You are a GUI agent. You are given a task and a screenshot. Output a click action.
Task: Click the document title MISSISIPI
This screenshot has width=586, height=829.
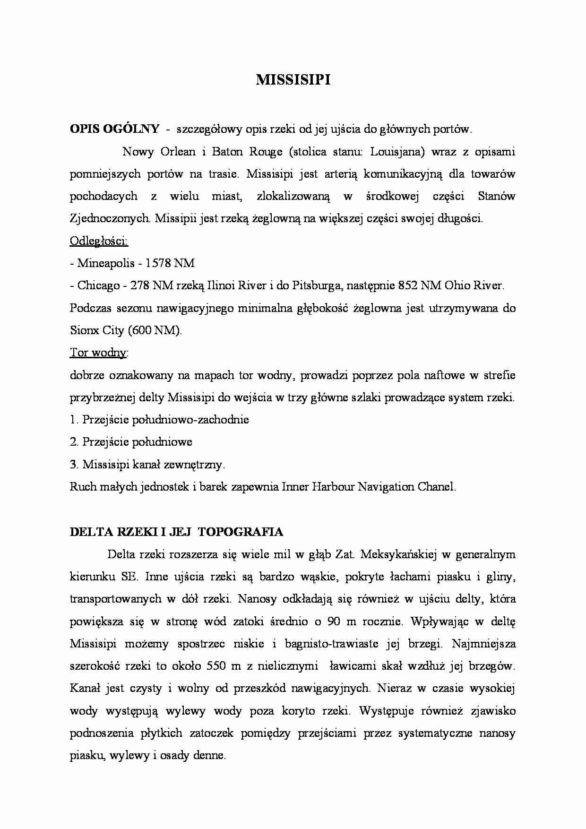pyautogui.click(x=293, y=80)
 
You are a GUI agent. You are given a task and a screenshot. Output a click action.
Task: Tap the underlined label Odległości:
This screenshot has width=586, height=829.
pyautogui.click(x=99, y=241)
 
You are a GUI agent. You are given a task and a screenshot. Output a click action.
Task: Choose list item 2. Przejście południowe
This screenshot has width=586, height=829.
pyautogui.click(x=131, y=442)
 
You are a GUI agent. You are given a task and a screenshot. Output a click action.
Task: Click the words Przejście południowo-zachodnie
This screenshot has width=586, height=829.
pyautogui.click(x=165, y=420)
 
